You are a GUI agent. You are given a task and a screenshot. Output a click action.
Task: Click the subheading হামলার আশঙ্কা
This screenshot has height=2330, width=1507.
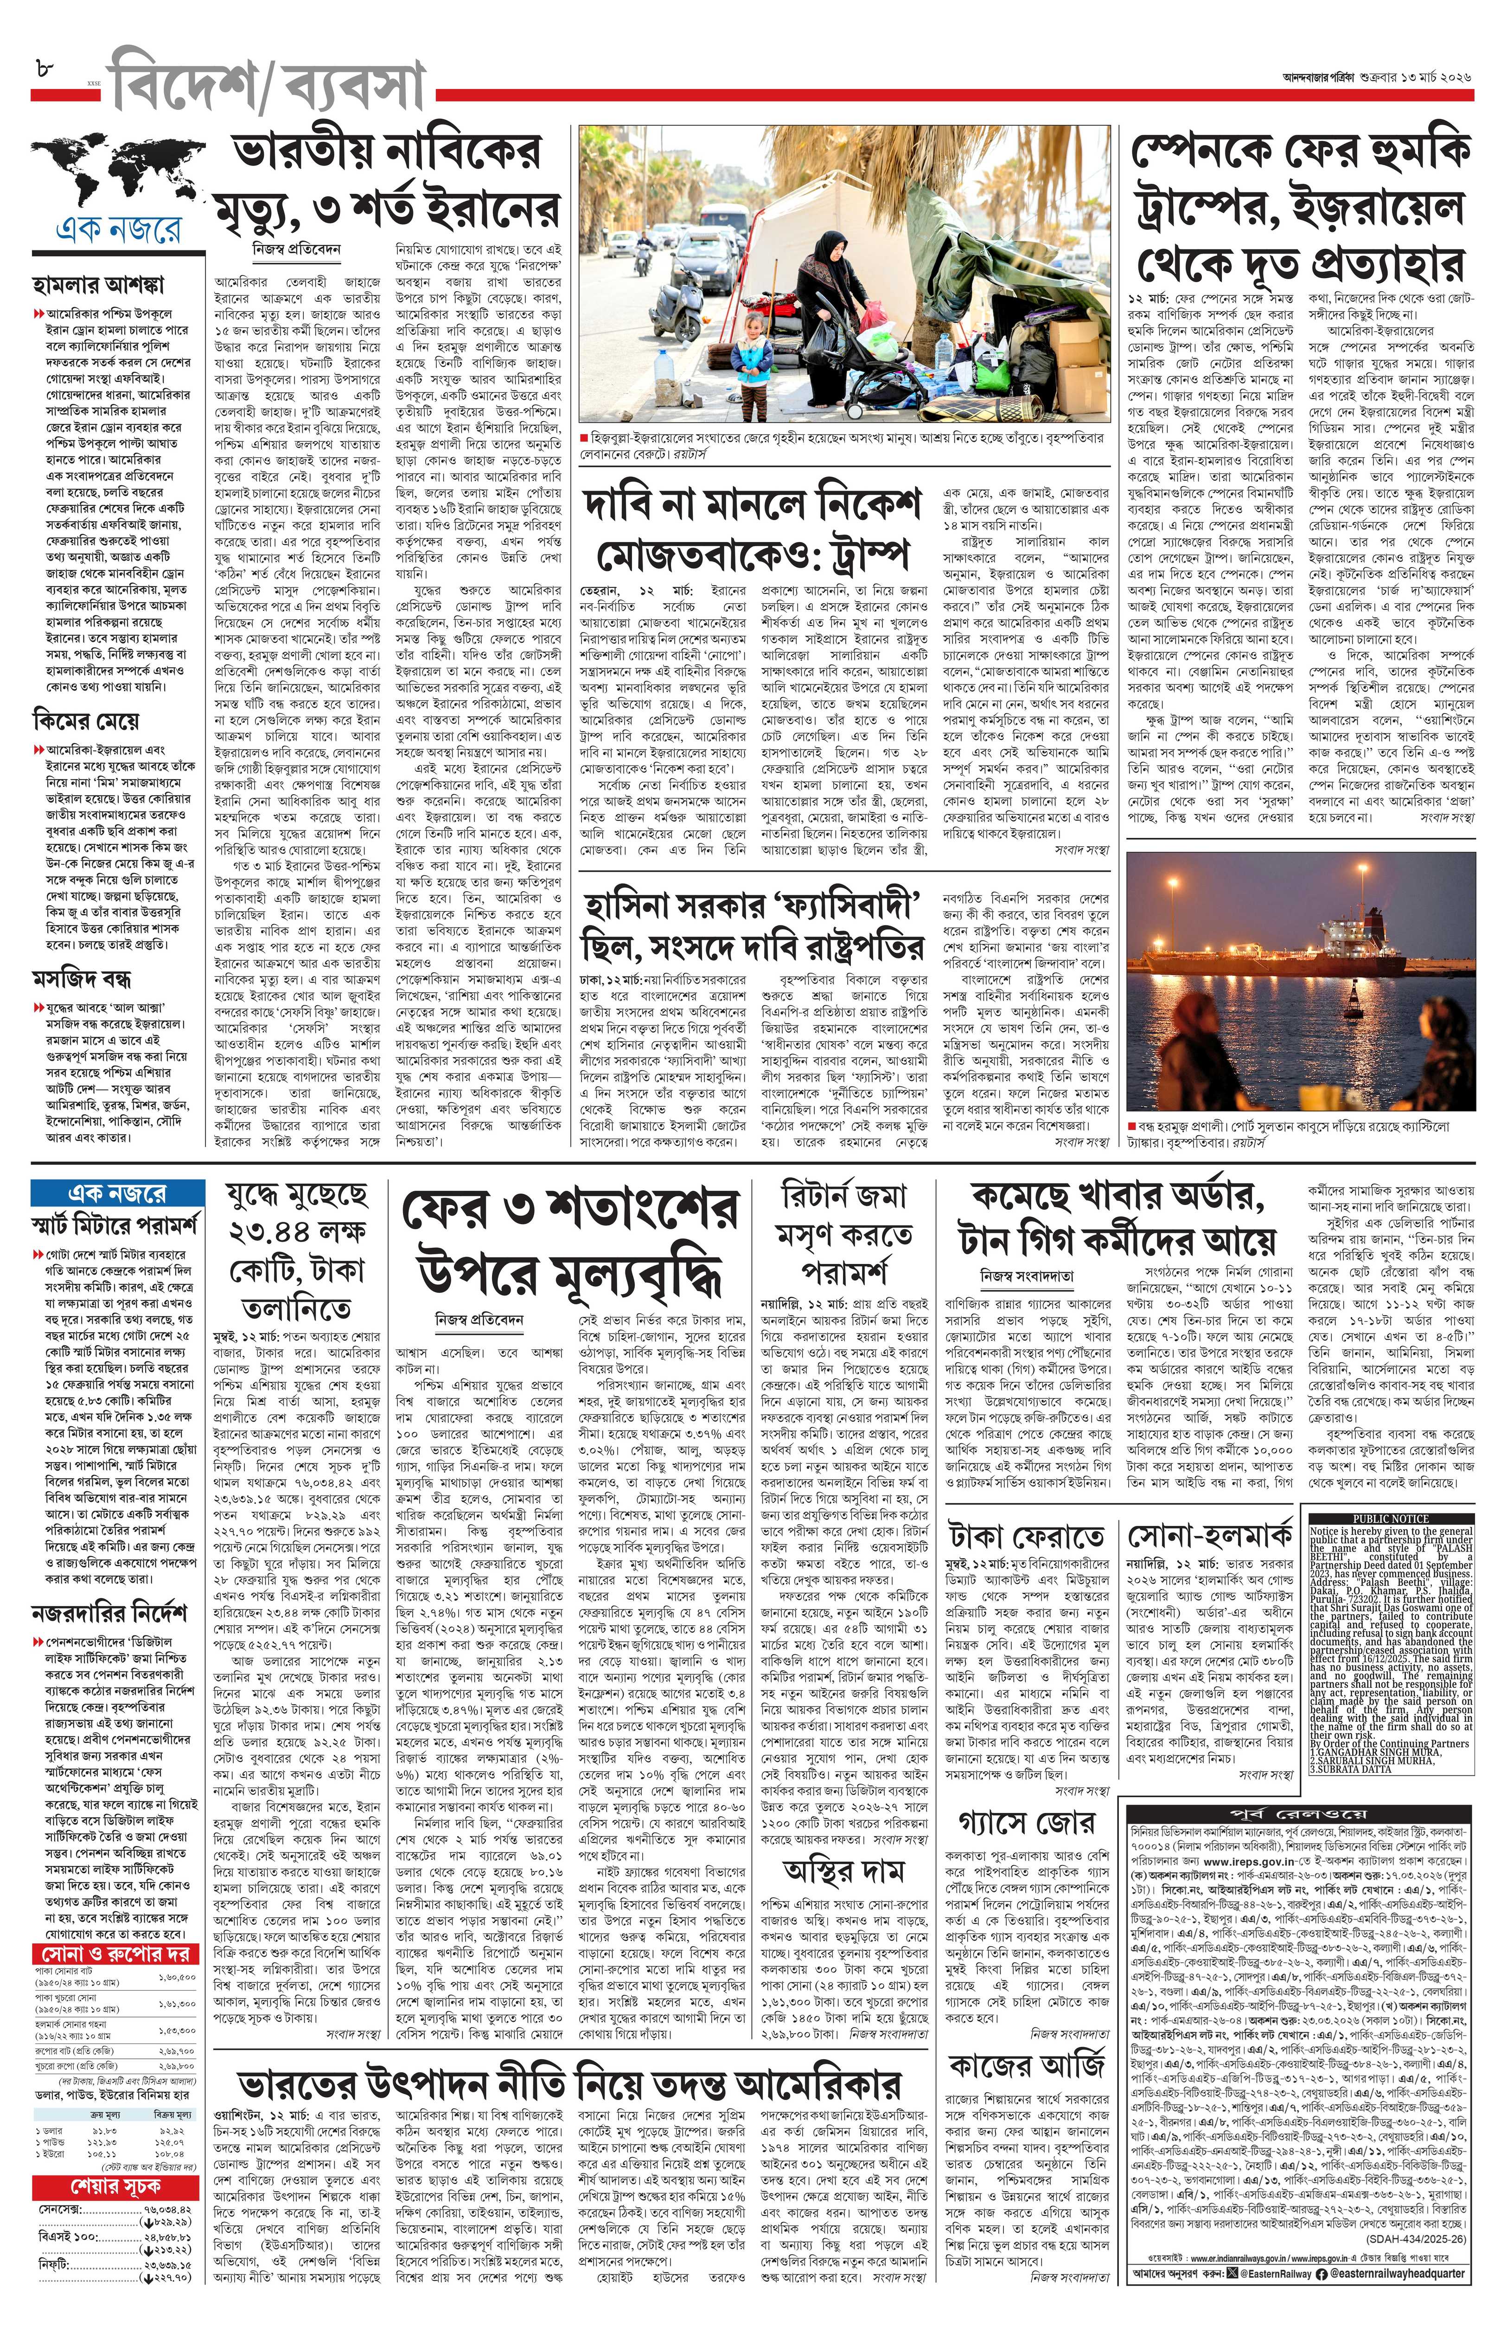click(x=98, y=286)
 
